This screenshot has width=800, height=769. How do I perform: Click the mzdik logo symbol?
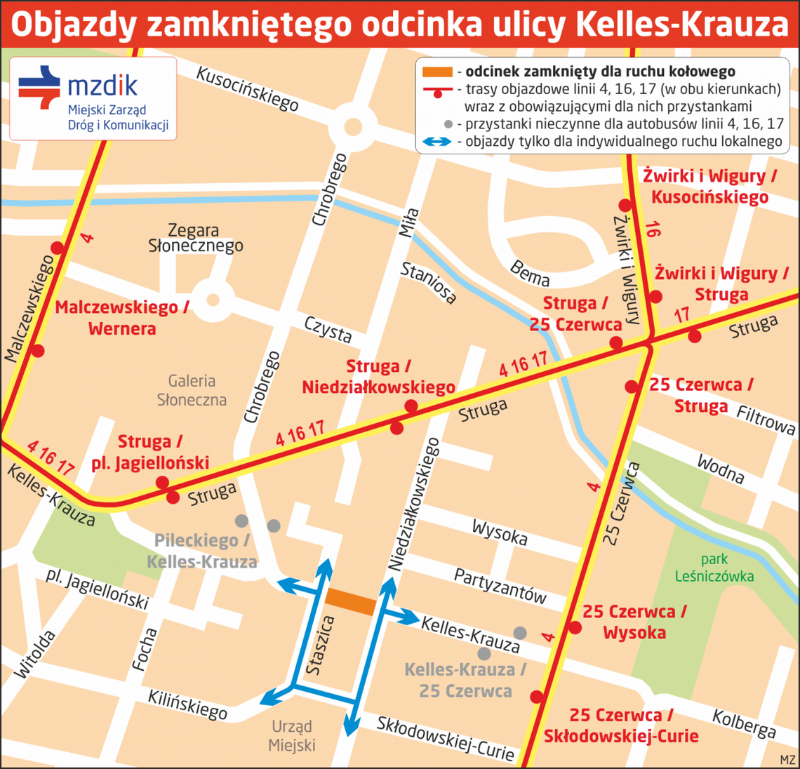tap(39, 87)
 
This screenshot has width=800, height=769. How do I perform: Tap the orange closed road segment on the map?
tap(350, 602)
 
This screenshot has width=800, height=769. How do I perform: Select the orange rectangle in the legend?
tap(436, 72)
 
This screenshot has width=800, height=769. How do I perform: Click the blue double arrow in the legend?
tap(436, 142)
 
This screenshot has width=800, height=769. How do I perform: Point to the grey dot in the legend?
tap(448, 124)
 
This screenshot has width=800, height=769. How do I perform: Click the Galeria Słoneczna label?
tap(192, 390)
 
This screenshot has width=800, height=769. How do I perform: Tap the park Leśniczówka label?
tap(714, 568)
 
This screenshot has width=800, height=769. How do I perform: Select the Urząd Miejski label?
tap(292, 735)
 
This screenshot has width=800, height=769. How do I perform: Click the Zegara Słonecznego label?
tap(195, 238)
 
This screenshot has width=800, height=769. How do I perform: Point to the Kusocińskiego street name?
tap(247, 89)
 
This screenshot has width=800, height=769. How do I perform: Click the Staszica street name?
tap(320, 646)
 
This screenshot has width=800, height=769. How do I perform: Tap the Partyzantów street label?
tap(500, 585)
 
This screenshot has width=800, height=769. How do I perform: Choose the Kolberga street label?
tap(744, 724)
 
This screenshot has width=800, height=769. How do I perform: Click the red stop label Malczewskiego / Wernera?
tap(121, 318)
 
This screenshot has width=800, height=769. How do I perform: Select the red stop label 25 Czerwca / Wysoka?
tap(634, 622)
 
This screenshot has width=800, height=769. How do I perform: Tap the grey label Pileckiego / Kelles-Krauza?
tap(202, 551)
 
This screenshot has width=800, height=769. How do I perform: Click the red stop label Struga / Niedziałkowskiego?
tap(378, 377)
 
